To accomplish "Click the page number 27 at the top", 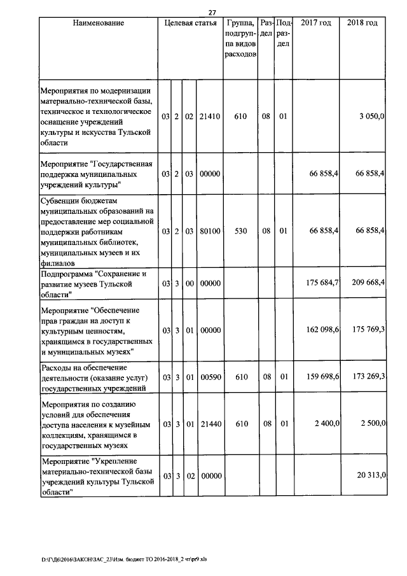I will [212, 11].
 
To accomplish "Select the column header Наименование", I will [98, 23].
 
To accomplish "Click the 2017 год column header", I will [316, 23].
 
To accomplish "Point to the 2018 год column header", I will [362, 23].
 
